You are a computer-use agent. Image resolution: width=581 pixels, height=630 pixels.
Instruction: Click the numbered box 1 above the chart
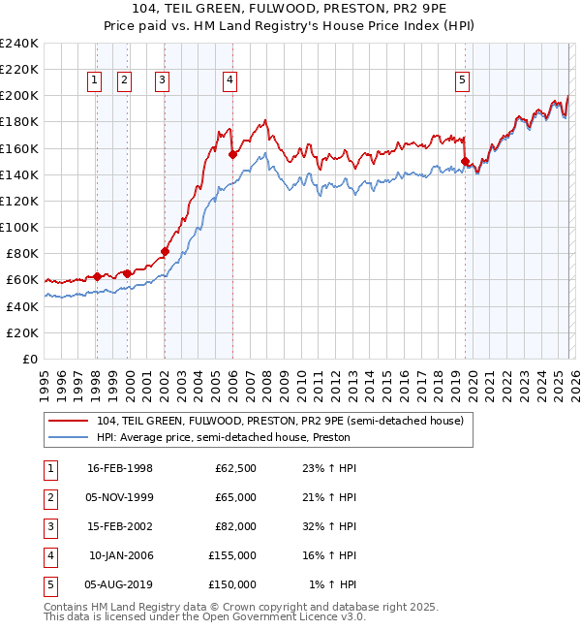(96, 81)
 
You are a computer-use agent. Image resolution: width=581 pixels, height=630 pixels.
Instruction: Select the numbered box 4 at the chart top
(230, 81)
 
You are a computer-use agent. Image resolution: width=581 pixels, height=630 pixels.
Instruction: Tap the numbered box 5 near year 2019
(463, 81)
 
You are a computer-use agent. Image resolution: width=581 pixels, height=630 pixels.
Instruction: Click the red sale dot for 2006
(232, 154)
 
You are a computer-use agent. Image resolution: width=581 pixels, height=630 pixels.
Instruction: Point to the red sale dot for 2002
(165, 251)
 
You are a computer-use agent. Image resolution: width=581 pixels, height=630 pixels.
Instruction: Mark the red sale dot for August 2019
(465, 161)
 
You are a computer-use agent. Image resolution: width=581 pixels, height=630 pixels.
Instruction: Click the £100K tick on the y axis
(18, 227)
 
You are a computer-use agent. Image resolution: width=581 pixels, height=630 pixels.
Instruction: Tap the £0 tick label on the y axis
(29, 359)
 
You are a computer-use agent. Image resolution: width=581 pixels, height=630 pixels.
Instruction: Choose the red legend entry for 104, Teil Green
(281, 421)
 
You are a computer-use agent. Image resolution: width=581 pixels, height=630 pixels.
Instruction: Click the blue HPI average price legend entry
(223, 437)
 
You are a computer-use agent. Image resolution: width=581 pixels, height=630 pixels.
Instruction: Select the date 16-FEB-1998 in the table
(120, 468)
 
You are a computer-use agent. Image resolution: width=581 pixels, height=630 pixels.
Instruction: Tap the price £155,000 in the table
(233, 555)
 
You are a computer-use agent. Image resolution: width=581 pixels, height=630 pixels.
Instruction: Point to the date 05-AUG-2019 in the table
(119, 584)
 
